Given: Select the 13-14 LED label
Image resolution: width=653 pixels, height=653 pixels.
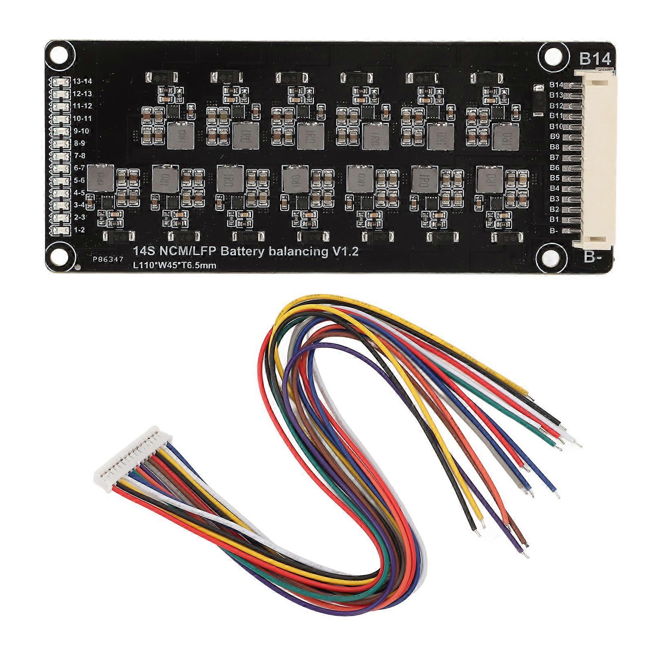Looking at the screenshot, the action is point(82,81).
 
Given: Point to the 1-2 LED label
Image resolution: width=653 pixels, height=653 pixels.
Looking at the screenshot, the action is point(79,230).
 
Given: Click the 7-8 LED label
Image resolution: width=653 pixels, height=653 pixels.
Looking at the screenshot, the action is point(79,155).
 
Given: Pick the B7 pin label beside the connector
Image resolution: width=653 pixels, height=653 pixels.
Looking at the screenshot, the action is point(554,157).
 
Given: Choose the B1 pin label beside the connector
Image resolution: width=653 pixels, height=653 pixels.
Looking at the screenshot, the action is point(554,219).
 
